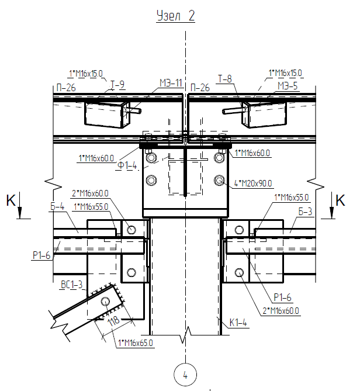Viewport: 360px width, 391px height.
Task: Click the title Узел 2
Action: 175,16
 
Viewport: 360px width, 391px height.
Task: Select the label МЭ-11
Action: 171,83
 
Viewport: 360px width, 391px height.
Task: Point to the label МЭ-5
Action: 288,86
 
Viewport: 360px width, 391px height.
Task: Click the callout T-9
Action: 117,85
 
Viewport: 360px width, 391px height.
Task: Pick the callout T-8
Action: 225,79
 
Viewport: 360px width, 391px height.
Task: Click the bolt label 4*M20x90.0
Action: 253,184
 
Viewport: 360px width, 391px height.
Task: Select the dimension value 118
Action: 114,320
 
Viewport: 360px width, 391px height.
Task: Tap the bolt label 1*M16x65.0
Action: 136,343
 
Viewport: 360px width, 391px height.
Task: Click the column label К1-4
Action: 238,323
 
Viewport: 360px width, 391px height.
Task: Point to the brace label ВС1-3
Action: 71,285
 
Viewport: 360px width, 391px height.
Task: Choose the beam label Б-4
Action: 57,206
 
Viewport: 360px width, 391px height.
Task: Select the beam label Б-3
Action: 305,212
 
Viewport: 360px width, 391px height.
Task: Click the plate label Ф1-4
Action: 127,165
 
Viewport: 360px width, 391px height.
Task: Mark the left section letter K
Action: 11,200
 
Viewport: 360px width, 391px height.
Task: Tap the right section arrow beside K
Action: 331,206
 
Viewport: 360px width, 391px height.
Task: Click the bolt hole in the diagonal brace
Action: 105,302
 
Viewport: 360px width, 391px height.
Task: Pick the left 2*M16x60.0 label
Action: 90,193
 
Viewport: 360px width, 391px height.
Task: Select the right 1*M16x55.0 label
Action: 292,198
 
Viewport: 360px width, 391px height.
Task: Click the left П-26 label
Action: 66,88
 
